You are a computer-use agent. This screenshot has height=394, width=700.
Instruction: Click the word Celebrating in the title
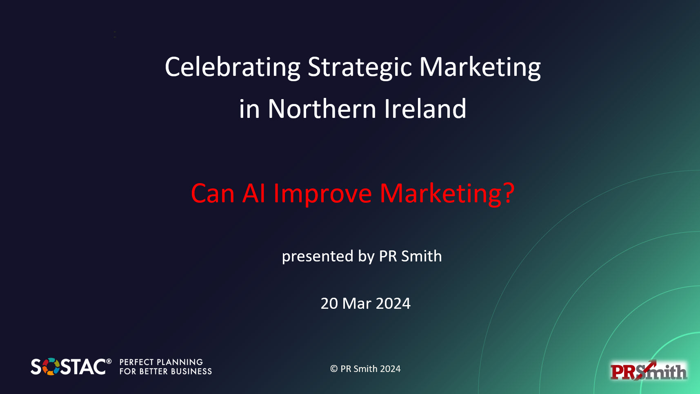click(x=233, y=67)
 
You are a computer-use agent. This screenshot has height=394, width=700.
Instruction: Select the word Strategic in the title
click(x=360, y=67)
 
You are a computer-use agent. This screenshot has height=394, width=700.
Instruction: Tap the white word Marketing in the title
click(x=480, y=67)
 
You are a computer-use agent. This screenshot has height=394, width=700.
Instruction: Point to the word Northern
click(x=322, y=109)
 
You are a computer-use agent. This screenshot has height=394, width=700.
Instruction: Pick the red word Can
click(x=212, y=193)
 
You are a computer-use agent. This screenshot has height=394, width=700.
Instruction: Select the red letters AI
click(x=254, y=193)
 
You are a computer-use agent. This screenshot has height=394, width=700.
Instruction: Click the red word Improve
click(x=322, y=193)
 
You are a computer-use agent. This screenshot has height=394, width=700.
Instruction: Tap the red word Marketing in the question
click(x=441, y=193)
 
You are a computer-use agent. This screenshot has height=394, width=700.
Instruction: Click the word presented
click(x=318, y=257)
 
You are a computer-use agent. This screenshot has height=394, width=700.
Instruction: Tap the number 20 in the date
click(x=329, y=304)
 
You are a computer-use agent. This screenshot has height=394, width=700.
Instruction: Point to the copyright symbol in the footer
click(x=334, y=369)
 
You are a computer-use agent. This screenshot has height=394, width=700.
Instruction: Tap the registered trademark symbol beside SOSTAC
click(x=109, y=361)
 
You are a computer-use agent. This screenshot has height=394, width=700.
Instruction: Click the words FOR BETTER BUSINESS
click(x=165, y=372)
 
